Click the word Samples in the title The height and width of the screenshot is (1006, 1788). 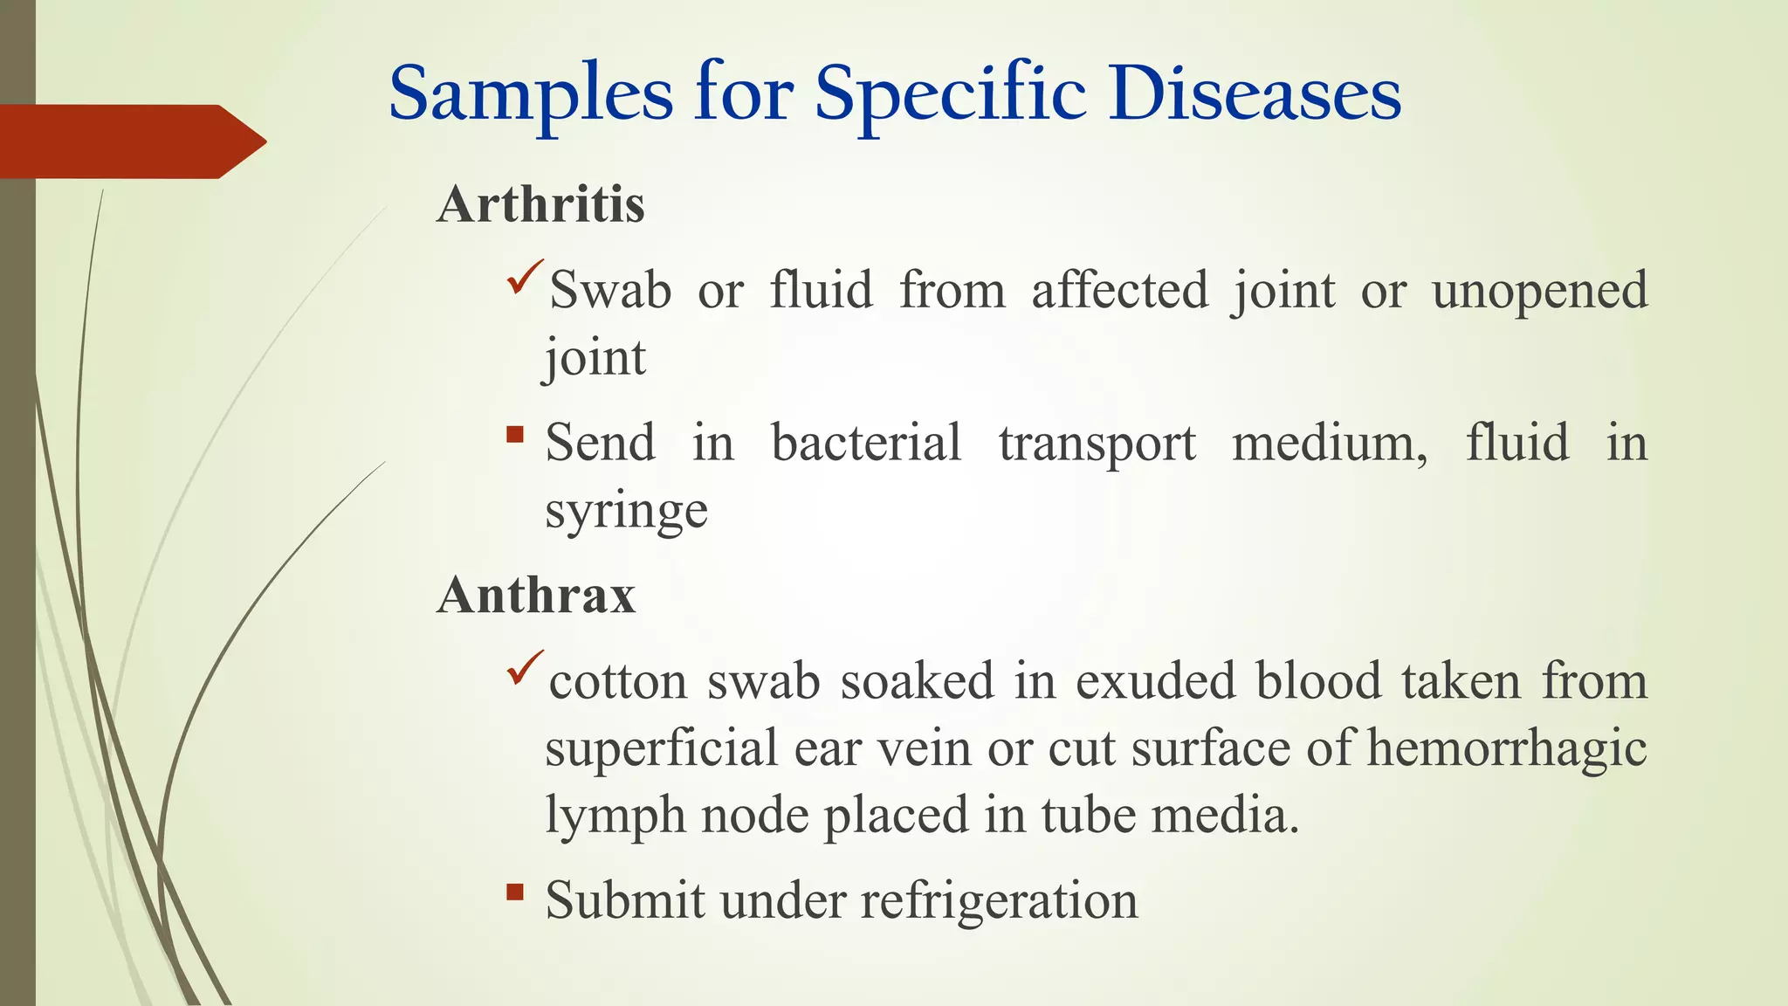pyautogui.click(x=531, y=94)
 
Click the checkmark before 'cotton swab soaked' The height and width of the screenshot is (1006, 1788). pyautogui.click(x=525, y=667)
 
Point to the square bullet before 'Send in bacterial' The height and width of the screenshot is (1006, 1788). pyautogui.click(x=515, y=434)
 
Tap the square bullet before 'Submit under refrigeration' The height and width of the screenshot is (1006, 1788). pyautogui.click(x=515, y=892)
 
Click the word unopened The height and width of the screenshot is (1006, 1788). pyautogui.click(x=1539, y=292)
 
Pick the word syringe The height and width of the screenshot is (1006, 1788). pyautogui.click(x=626, y=512)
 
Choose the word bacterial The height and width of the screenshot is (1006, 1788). pyautogui.click(x=866, y=443)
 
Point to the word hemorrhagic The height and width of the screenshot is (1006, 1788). pyautogui.click(x=1506, y=749)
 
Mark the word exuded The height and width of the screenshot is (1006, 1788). pyautogui.click(x=1155, y=681)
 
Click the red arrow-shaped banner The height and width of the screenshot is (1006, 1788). pyautogui.click(x=131, y=141)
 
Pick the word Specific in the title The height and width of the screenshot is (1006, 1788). pyautogui.click(x=951, y=94)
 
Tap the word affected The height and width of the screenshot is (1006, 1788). pyautogui.click(x=1119, y=290)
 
